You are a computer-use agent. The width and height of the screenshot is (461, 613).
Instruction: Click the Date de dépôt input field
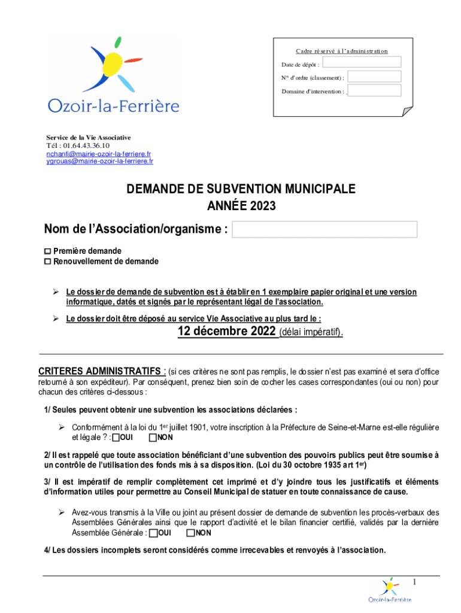(365, 62)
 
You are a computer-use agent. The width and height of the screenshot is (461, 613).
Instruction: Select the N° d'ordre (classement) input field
(374, 77)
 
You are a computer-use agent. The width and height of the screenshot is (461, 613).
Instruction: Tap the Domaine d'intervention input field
(374, 91)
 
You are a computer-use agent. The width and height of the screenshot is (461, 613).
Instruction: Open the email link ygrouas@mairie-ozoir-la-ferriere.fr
(99, 161)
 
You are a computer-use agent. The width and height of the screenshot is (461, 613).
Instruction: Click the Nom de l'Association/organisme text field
(324, 229)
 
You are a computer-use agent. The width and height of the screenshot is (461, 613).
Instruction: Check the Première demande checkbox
(48, 251)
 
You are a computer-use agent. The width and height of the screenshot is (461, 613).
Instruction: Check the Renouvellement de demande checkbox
(48, 262)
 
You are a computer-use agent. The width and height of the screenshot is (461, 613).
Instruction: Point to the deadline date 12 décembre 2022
(228, 332)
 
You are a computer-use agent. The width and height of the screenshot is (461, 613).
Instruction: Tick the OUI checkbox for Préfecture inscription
(116, 438)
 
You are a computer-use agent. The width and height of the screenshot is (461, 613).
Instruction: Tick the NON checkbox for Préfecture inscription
(153, 438)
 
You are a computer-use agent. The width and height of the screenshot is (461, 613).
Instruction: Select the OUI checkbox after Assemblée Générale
(154, 533)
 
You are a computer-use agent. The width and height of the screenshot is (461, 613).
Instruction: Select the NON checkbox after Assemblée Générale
(190, 533)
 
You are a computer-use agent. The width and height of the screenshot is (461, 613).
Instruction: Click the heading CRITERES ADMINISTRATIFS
(99, 371)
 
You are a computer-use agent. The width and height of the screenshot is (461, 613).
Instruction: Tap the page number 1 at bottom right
(414, 582)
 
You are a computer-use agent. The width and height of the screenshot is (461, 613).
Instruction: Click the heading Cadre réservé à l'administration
(342, 51)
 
